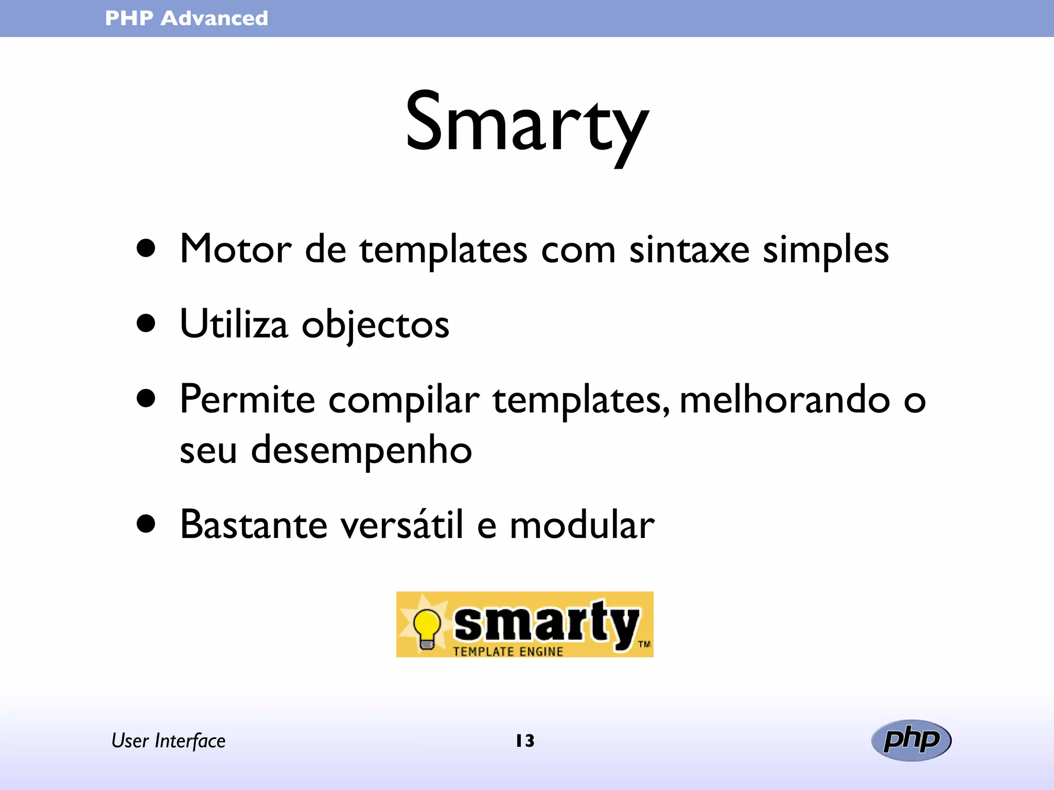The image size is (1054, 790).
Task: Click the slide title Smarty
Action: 526,123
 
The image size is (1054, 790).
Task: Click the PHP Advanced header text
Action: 186,19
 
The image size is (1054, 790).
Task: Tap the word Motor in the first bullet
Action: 236,249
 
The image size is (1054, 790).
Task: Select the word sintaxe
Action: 689,249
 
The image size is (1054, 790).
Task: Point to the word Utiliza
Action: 234,324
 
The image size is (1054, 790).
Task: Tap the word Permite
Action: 247,400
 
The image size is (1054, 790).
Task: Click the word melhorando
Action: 785,400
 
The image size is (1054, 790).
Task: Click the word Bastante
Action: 254,525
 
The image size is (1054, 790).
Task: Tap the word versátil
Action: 402,525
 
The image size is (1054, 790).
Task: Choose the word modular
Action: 582,525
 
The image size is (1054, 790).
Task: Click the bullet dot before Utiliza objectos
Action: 146,324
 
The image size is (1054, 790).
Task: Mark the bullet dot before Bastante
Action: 146,524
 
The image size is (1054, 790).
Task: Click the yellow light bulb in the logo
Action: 427,626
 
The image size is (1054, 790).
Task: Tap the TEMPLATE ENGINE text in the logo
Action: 508,652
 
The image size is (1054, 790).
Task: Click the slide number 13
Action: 525,741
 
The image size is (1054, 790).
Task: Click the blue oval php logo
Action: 911,740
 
